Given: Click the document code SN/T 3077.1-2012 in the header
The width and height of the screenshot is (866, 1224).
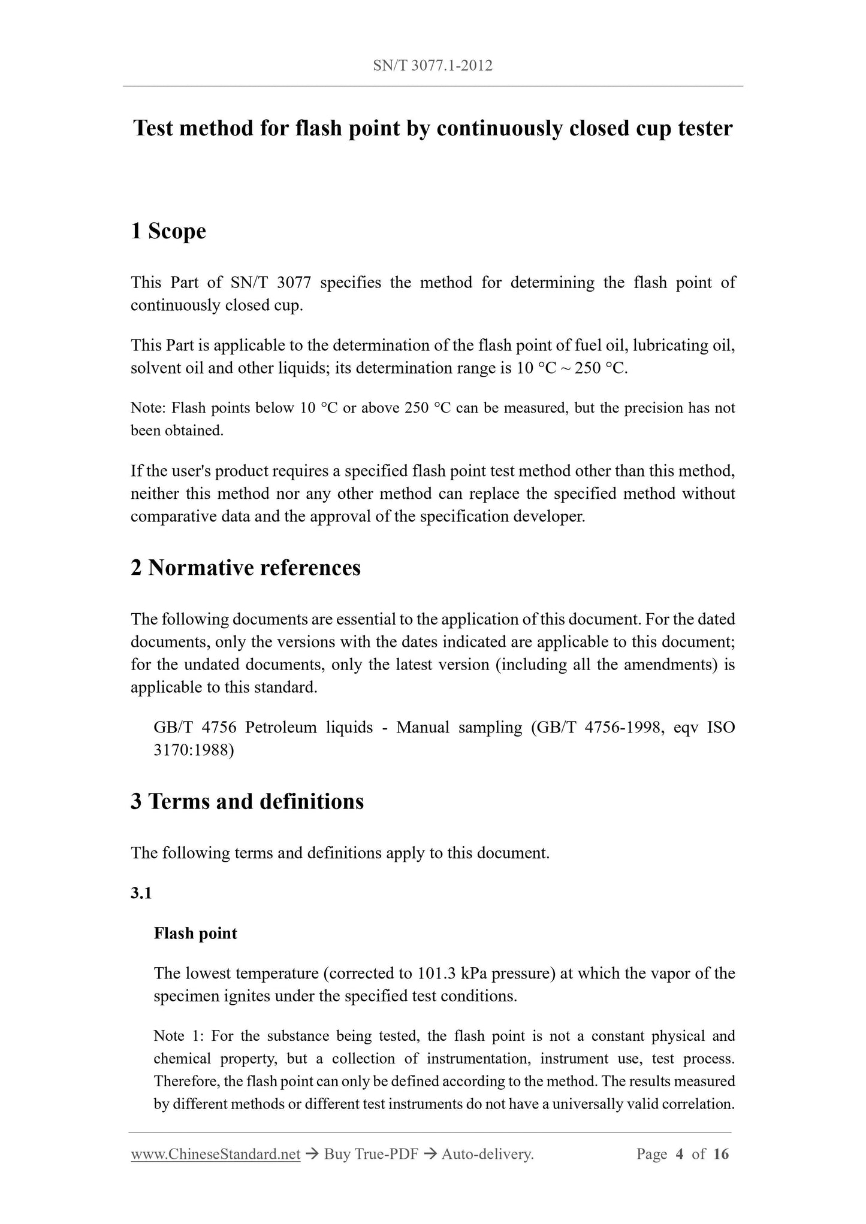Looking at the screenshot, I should pos(433,66).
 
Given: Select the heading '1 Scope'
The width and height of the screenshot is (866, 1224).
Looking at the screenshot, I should pos(168,231).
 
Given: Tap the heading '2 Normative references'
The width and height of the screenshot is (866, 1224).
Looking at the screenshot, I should pos(246,568).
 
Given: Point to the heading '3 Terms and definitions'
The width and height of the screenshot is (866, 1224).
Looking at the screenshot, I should pos(247,801).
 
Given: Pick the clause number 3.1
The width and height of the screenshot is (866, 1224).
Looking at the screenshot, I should pos(141,893).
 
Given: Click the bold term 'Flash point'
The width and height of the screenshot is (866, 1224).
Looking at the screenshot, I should pos(195,933).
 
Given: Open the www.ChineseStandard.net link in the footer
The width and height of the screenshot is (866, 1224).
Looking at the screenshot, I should pos(215,1154).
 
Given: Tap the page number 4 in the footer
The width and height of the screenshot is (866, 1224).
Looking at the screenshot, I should pos(679,1154).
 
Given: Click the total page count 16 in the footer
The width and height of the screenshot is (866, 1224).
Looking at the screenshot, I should pos(721,1154).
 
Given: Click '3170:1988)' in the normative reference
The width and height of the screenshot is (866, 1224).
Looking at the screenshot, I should pos(194,750).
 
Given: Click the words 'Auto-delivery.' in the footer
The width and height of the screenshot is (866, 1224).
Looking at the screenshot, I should pos(487,1154).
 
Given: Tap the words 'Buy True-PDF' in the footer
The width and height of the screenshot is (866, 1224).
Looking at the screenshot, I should pos(370,1154).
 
